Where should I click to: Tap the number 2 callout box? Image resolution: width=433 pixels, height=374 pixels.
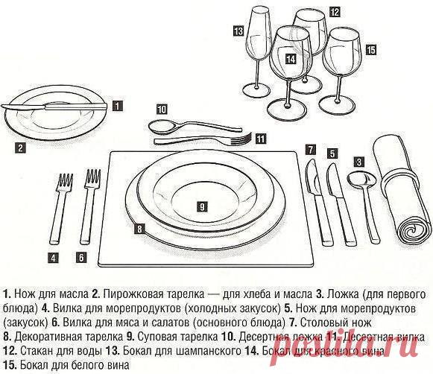(21, 148)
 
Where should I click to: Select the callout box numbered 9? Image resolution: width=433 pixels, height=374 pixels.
(201, 204)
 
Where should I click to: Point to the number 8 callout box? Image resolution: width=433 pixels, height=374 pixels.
(139, 230)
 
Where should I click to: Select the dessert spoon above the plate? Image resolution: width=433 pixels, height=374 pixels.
(186, 124)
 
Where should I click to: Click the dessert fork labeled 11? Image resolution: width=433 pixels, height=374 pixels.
(201, 140)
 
